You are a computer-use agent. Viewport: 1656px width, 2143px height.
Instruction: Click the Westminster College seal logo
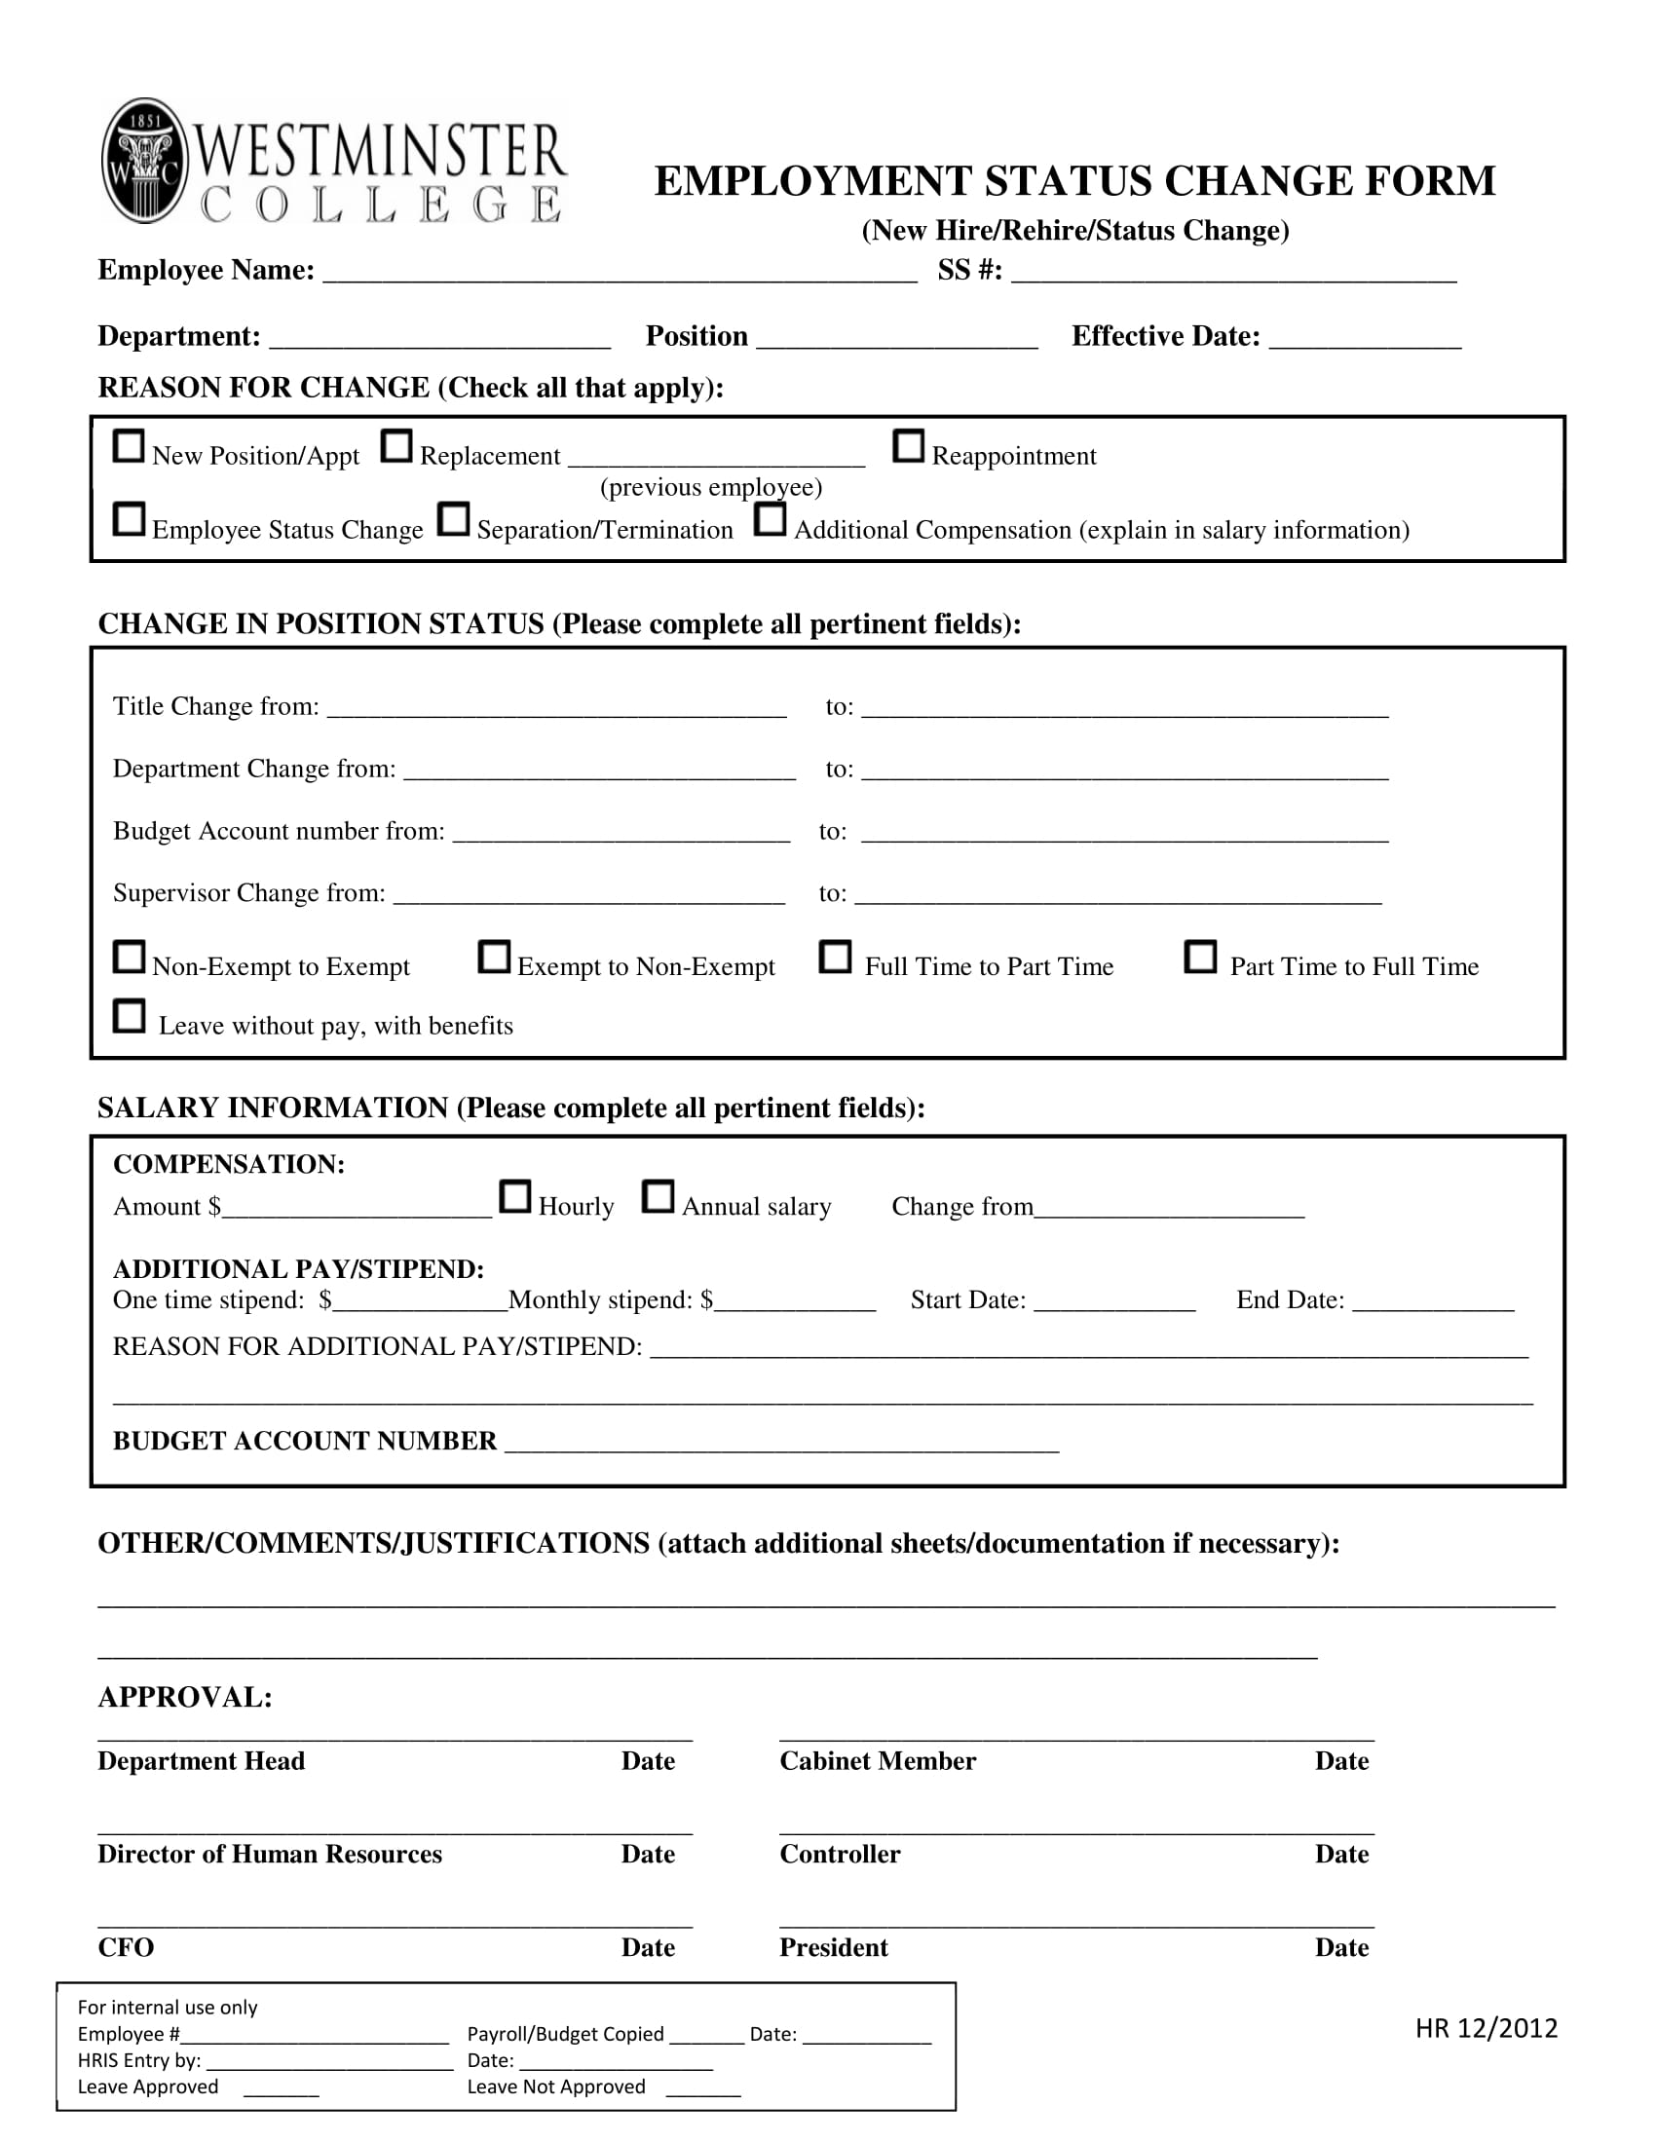(144, 160)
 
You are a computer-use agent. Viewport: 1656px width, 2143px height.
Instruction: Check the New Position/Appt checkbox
(129, 446)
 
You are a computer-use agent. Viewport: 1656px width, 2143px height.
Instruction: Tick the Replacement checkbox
(396, 446)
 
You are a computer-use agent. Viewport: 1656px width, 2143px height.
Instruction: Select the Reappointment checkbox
(909, 446)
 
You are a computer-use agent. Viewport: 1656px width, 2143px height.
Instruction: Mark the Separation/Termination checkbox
(453, 519)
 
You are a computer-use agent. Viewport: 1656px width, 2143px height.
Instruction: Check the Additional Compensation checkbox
(771, 519)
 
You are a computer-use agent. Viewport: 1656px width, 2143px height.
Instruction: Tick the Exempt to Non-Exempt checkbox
(495, 957)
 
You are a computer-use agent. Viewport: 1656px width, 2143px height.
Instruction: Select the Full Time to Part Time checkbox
(836, 957)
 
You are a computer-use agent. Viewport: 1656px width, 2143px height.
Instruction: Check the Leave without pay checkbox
(129, 1016)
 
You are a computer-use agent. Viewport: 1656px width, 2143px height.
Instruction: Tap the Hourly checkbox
(515, 1196)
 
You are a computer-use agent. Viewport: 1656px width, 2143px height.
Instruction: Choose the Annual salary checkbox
(659, 1196)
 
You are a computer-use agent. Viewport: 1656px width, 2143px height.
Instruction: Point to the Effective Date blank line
(1365, 340)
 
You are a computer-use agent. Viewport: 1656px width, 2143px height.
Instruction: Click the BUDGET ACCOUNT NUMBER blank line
(782, 1444)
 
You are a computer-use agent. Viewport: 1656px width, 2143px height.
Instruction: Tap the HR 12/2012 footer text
(1486, 2028)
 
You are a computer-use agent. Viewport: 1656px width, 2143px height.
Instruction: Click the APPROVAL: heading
(185, 1698)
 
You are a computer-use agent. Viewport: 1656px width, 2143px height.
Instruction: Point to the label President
(833, 1948)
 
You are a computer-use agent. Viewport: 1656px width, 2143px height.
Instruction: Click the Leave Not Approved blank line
(702, 2089)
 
